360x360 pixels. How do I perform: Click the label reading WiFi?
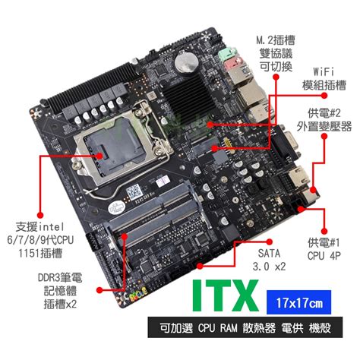(x=324, y=70)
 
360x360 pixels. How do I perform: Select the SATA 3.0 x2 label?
(x=271, y=258)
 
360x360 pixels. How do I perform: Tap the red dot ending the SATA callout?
(x=198, y=267)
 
